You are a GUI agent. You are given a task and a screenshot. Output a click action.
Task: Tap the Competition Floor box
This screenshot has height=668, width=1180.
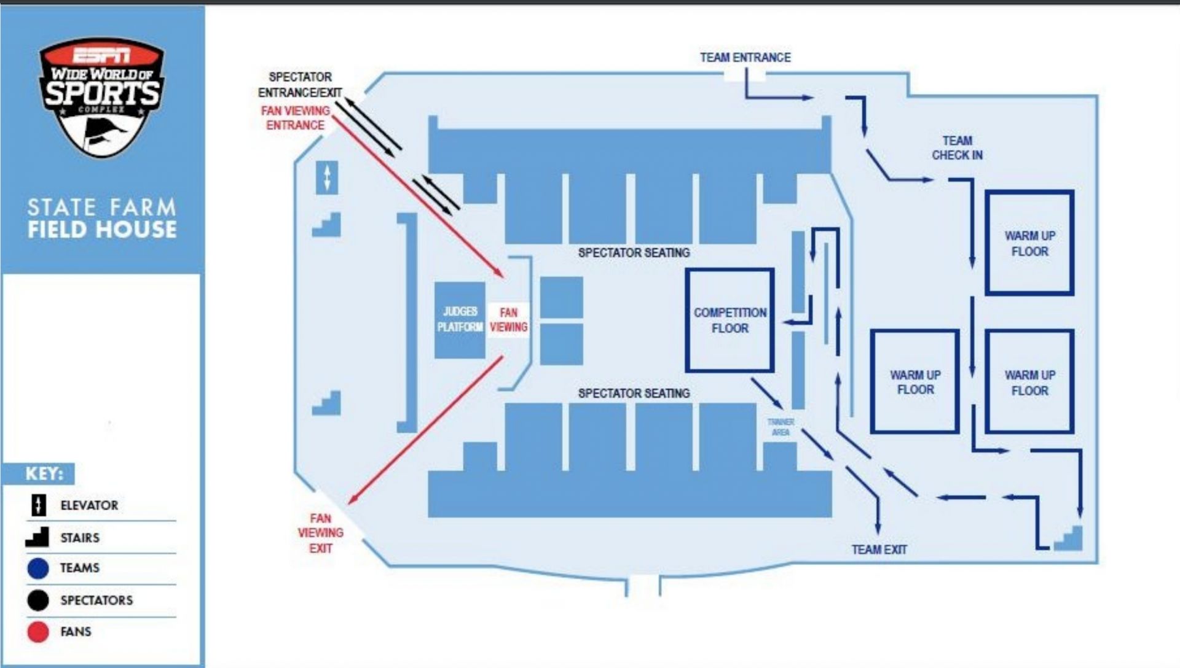coord(730,320)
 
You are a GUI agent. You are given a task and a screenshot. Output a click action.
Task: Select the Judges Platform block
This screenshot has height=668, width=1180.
coord(460,320)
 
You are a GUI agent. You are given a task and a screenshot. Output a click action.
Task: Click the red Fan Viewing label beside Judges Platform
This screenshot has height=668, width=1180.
coord(508,320)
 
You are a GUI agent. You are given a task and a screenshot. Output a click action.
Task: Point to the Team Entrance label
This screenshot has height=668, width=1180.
coord(745,58)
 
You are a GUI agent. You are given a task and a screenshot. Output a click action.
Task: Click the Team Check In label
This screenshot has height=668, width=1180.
coord(957,148)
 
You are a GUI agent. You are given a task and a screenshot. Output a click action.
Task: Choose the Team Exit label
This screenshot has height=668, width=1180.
coord(879,550)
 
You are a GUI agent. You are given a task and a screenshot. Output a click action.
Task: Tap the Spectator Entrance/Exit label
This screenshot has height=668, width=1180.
coord(300,85)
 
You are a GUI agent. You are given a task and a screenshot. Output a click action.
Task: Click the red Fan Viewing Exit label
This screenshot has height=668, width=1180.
coord(320,533)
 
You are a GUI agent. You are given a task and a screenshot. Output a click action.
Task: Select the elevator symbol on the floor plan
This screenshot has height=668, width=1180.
coord(327,177)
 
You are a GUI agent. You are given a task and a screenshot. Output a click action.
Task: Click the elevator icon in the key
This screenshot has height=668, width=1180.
coord(38,505)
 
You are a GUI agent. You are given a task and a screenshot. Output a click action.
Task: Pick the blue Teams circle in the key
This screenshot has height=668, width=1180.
coord(38,568)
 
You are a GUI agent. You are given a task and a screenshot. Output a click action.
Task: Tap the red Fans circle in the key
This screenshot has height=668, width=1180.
coord(38,632)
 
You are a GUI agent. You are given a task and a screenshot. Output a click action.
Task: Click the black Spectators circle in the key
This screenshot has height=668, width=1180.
coord(38,600)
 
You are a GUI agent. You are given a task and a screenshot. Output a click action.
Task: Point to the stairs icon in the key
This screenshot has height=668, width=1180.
coord(37,537)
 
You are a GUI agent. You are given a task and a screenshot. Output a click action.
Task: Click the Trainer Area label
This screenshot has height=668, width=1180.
coord(781,427)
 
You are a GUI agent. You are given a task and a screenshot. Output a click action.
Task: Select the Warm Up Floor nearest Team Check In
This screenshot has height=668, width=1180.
coord(1029,243)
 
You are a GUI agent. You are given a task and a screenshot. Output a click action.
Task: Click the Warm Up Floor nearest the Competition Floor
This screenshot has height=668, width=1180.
coord(914,382)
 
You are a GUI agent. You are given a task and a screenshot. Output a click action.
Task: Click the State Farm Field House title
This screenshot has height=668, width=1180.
coord(102,218)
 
